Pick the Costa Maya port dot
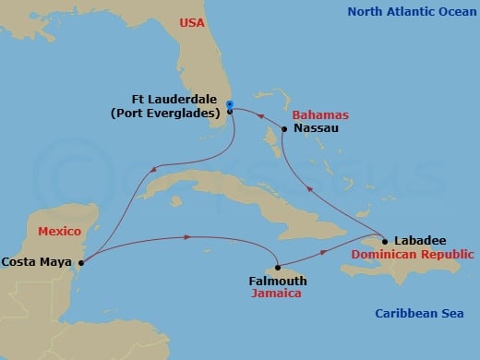[82, 262]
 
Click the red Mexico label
[59, 230]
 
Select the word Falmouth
[278, 280]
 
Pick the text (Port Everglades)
[165, 114]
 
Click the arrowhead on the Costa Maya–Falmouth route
[188, 237]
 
